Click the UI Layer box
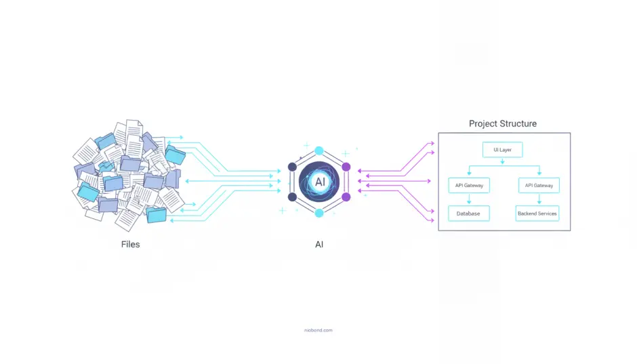501,150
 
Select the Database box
468,214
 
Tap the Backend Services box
537,214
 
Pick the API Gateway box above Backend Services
539,185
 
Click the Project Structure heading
503,124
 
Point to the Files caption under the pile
130,244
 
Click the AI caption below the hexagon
319,244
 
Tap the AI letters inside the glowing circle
319,182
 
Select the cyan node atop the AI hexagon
319,151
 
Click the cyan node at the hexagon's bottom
319,213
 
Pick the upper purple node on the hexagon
346,167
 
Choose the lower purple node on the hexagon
346,197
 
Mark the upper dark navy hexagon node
293,167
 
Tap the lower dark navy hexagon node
293,197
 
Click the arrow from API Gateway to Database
468,199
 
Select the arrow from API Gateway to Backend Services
539,199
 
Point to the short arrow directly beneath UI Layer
501,161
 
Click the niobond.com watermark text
318,330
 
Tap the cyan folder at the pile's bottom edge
157,215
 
